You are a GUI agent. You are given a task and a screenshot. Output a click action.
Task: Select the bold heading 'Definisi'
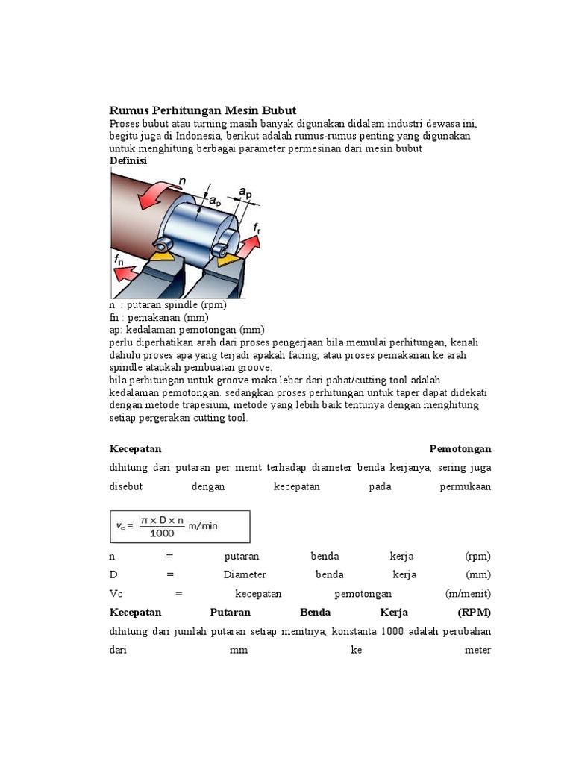point(128,161)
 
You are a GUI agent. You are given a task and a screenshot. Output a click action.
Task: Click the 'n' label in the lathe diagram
point(183,180)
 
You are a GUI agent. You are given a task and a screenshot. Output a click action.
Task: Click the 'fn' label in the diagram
point(120,260)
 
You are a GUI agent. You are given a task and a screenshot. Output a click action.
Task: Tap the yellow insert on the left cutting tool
point(159,256)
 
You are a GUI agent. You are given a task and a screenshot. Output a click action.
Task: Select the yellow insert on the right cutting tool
point(229,260)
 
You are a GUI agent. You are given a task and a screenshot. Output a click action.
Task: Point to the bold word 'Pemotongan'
point(460,449)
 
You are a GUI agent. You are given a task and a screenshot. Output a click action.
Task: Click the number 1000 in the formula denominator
point(162,533)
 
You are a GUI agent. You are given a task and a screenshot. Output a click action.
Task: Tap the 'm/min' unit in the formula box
point(203,525)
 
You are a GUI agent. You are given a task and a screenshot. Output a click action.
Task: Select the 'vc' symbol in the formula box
point(122,526)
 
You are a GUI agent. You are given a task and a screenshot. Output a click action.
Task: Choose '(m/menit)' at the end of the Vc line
point(468,593)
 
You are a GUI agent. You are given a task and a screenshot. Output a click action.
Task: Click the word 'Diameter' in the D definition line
point(245,574)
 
